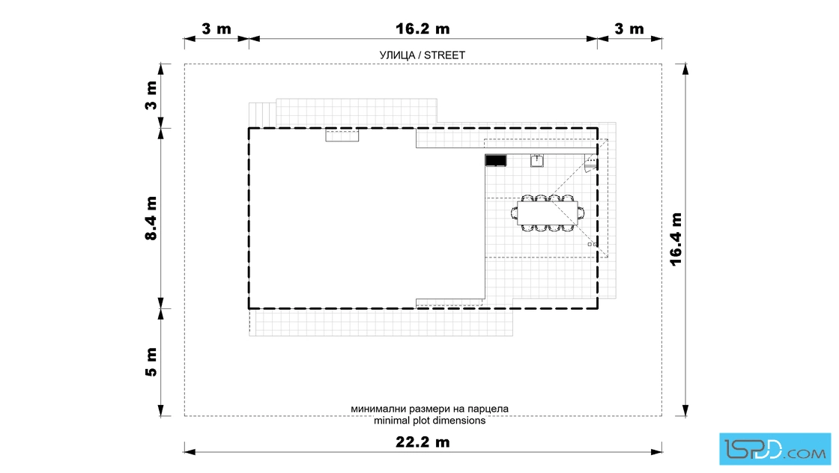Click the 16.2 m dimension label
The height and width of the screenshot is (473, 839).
tap(422, 29)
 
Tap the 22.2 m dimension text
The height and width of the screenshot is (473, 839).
tap(422, 442)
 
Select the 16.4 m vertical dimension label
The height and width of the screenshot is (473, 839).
tap(676, 239)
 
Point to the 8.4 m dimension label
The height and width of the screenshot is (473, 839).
tap(151, 218)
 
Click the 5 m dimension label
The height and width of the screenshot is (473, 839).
tap(151, 361)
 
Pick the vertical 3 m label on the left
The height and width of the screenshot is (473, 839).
tap(151, 96)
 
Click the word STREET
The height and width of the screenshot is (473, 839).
tap(444, 55)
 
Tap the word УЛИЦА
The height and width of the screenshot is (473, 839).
tap(397, 55)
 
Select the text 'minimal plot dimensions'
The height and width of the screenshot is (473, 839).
tap(430, 421)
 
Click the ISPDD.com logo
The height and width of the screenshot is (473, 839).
tap(775, 449)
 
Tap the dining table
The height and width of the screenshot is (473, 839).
tap(548, 213)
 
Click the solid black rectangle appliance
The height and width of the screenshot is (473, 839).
tap(495, 160)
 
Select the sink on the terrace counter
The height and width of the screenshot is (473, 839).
tap(536, 160)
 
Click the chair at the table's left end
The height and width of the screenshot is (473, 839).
tap(514, 213)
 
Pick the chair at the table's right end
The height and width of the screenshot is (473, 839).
tap(581, 213)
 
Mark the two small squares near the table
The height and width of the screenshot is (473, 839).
tap(593, 244)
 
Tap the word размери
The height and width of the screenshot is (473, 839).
tap(420, 409)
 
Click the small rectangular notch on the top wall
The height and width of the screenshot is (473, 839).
tap(342, 135)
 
